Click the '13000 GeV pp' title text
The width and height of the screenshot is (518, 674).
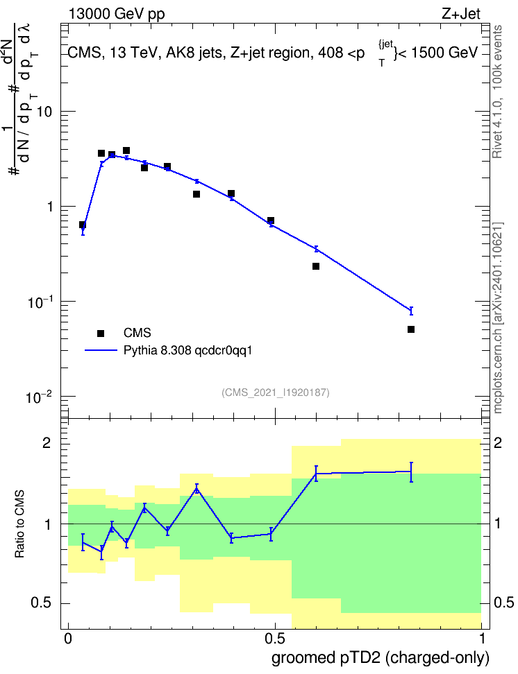click(117, 15)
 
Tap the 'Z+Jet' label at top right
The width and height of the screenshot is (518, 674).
click(461, 14)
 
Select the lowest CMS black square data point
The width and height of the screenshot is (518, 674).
click(411, 329)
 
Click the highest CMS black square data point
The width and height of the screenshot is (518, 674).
click(126, 150)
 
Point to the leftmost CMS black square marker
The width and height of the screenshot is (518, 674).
click(83, 225)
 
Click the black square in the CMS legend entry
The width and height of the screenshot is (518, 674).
click(101, 333)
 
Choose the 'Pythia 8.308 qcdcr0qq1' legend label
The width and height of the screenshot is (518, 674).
click(187, 351)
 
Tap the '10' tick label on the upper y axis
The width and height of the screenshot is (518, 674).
click(44, 112)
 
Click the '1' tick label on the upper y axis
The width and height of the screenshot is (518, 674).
click(49, 207)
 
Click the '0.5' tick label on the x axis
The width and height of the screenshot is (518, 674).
click(275, 638)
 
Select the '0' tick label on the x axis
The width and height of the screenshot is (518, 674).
click(68, 638)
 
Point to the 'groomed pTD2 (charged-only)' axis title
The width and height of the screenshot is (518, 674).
click(381, 658)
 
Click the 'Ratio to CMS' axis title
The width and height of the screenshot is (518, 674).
click(19, 524)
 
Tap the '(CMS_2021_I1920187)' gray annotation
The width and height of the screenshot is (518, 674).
click(276, 392)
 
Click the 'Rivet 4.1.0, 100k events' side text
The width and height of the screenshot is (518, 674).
click(497, 92)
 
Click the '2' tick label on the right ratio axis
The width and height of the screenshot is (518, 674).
click(497, 442)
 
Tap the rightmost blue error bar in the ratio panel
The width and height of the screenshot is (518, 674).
click(411, 472)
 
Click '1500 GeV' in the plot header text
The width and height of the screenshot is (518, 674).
click(444, 53)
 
